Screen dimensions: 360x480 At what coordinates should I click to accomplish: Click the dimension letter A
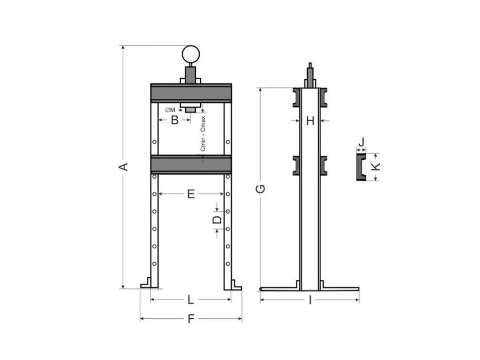pyautogui.click(x=123, y=167)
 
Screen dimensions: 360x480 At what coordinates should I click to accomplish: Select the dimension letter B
pyautogui.click(x=175, y=120)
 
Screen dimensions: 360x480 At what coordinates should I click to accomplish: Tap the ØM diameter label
pyautogui.click(x=170, y=110)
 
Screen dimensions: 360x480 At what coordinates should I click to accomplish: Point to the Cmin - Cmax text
pyautogui.click(x=203, y=133)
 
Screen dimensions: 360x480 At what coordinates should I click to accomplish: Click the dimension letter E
pyautogui.click(x=191, y=194)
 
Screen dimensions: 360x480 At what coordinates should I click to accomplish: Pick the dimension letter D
pyautogui.click(x=217, y=220)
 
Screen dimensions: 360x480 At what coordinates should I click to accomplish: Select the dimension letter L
pyautogui.click(x=191, y=300)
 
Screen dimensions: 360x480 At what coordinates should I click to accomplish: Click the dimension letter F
pyautogui.click(x=191, y=319)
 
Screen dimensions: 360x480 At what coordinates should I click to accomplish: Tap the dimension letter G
pyautogui.click(x=260, y=189)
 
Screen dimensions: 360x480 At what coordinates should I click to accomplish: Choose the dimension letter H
pyautogui.click(x=310, y=121)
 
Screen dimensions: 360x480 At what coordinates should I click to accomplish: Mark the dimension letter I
pyautogui.click(x=310, y=300)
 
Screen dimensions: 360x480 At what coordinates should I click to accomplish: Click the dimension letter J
pyautogui.click(x=361, y=142)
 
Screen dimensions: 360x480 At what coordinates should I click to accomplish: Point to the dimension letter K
pyautogui.click(x=376, y=167)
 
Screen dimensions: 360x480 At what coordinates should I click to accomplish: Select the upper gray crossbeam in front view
pyautogui.click(x=191, y=92)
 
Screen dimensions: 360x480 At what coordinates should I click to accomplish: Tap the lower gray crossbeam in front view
pyautogui.click(x=191, y=164)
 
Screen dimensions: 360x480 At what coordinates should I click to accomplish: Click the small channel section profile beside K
pyautogui.click(x=360, y=167)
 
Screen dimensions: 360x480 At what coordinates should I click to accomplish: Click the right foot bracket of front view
pyautogui.click(x=236, y=285)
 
